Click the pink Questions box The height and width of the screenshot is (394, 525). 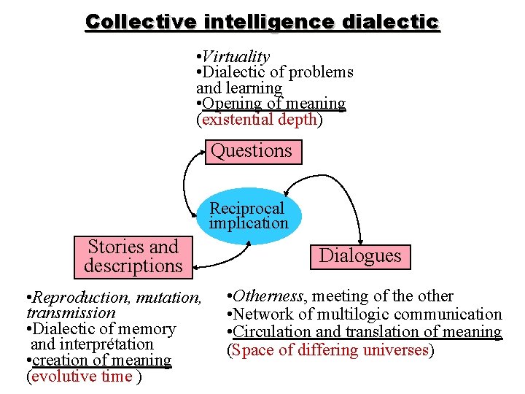coord(252,151)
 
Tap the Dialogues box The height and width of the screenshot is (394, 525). coord(359,256)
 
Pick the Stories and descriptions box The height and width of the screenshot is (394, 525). coord(133,257)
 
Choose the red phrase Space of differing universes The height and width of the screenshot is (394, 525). coord(330,350)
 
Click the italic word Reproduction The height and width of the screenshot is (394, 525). coord(69,298)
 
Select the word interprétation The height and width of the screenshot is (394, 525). coord(106,344)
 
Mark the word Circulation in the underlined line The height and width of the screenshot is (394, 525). coord(272,332)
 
